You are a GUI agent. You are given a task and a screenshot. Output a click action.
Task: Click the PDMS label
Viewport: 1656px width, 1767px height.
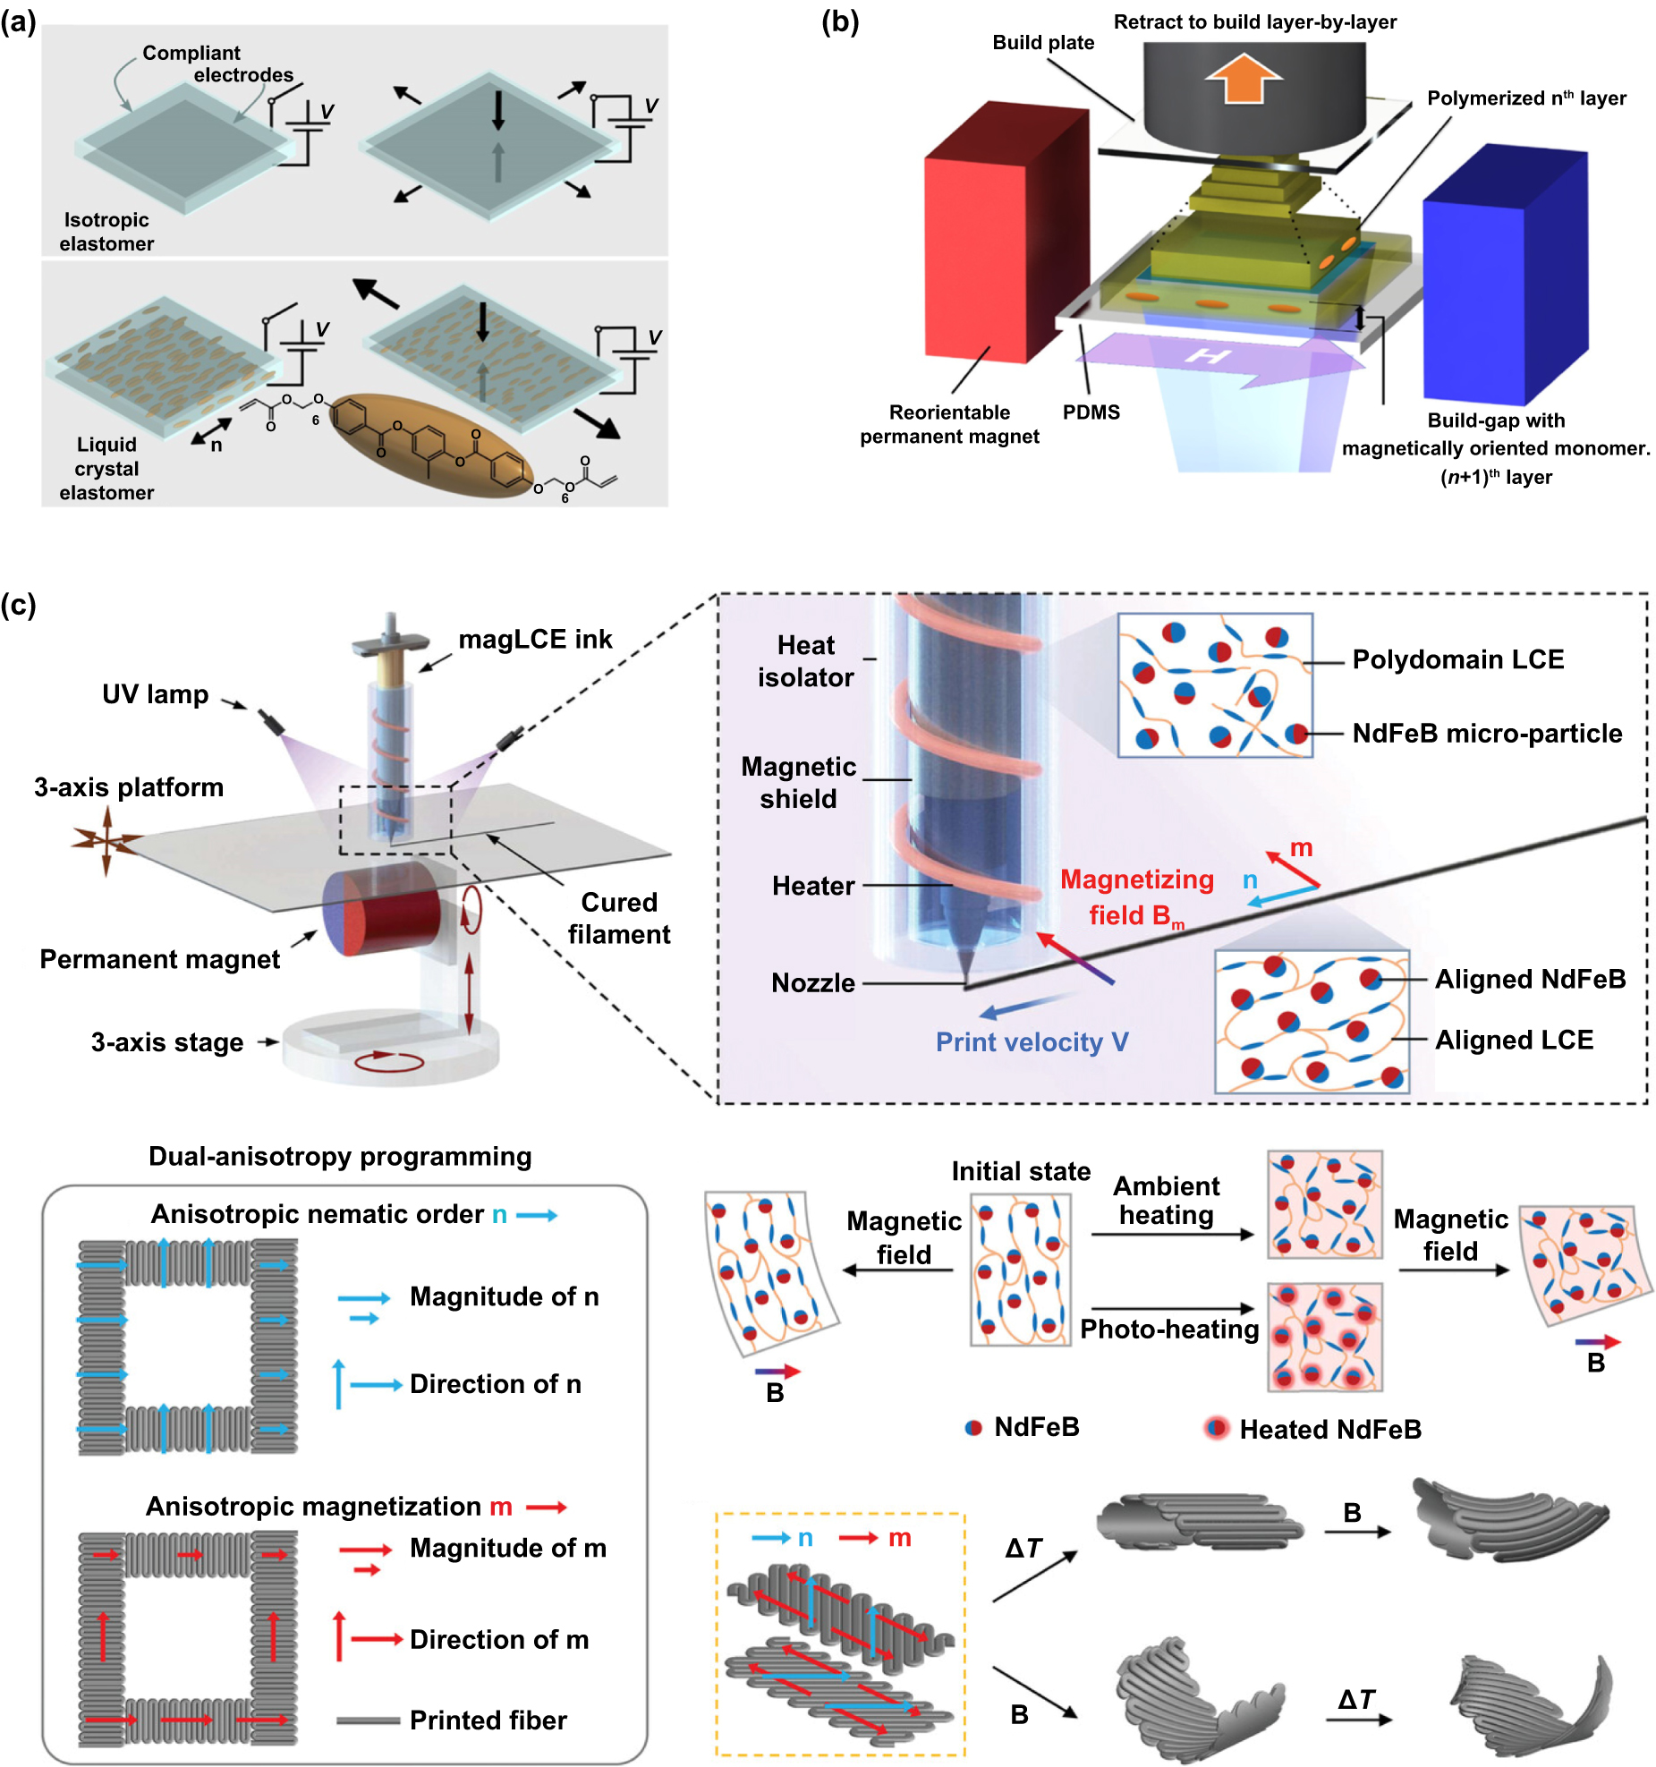(x=1091, y=412)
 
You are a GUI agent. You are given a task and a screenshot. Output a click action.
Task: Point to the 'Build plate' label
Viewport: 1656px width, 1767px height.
(x=1043, y=43)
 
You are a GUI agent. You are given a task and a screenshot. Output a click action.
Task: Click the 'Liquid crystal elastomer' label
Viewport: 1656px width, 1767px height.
(x=106, y=469)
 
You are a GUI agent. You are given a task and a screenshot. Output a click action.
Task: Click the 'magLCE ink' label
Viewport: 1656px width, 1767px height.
(x=535, y=640)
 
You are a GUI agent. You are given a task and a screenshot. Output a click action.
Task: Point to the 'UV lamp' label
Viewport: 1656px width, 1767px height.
(x=155, y=694)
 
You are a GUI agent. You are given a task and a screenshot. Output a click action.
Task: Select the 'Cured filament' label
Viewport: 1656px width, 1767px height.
(x=618, y=918)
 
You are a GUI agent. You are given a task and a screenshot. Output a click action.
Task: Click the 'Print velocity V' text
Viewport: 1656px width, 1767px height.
(x=1032, y=1042)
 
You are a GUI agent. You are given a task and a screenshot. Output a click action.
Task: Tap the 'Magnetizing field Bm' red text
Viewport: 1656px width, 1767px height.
(x=1136, y=897)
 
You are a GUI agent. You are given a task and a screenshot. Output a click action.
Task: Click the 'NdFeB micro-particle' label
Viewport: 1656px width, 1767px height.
(x=1487, y=734)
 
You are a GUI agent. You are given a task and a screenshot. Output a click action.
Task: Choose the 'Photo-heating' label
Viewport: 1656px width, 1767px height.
(x=1169, y=1329)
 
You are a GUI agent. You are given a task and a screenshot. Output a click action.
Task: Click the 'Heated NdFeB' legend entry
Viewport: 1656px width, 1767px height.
(x=1329, y=1429)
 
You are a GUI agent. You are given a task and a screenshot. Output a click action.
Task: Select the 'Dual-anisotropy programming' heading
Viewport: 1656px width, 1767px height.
(x=340, y=1157)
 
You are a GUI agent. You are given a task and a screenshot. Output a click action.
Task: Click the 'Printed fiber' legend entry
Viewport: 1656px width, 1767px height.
(x=488, y=1720)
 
